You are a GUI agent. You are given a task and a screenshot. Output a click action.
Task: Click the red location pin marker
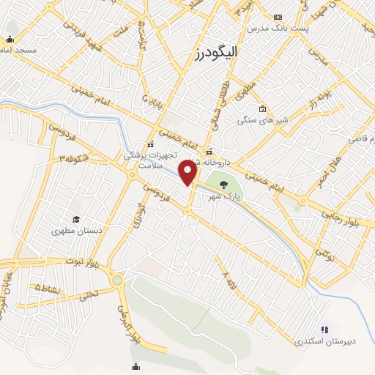point(189,173)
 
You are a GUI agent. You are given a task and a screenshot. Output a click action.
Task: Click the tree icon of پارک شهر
point(223,185)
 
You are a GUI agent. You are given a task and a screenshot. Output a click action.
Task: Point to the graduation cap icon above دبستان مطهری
point(75,219)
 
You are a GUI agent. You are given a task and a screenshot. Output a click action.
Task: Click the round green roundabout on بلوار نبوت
point(117,280)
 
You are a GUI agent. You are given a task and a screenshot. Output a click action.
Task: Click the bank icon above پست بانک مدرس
point(278,17)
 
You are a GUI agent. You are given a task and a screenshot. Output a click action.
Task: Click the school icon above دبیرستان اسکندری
point(324,330)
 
